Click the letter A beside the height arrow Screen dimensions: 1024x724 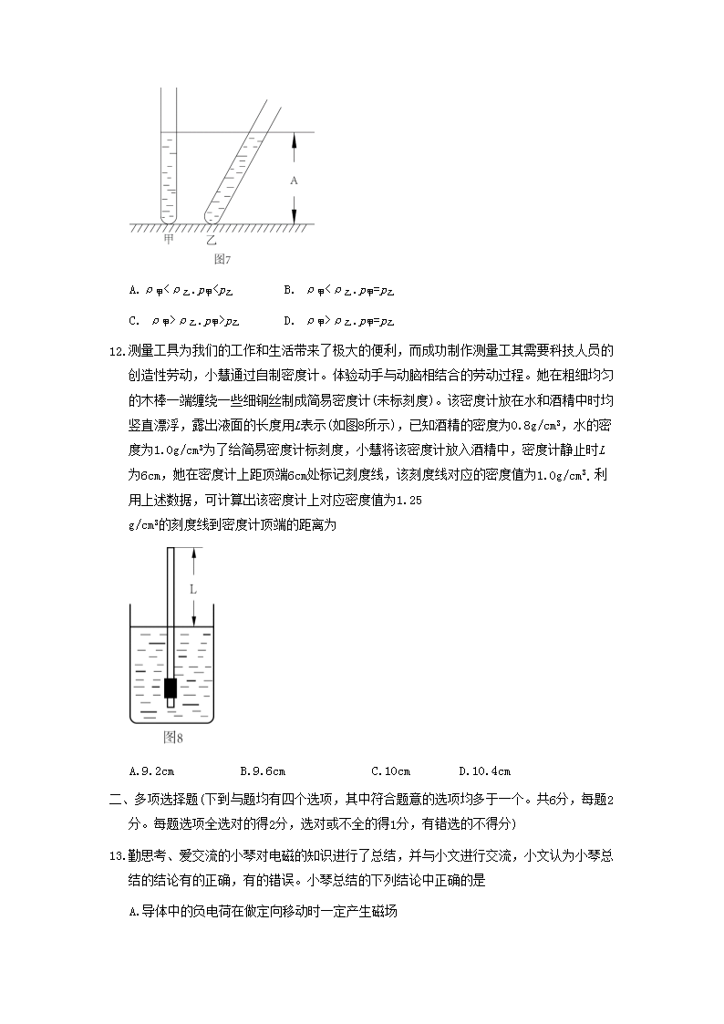294,181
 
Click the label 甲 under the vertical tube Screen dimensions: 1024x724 169,240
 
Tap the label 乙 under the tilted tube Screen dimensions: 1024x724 212,241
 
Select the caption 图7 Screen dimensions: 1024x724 222,259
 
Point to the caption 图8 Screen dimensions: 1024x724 173,737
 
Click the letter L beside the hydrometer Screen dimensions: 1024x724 193,589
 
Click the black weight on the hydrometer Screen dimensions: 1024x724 171,687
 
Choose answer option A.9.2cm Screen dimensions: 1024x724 152,771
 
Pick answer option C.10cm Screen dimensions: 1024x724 391,771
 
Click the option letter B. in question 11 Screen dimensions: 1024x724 289,290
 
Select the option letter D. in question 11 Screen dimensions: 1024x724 289,320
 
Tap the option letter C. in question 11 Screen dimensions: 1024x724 134,320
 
